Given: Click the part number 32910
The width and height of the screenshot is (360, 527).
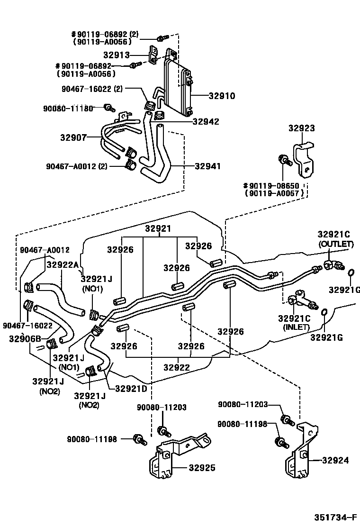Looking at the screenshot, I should [x=222, y=96].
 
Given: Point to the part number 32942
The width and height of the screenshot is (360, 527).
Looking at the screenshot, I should [x=206, y=122].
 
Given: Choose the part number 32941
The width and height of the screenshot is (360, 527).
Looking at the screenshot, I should [x=208, y=166].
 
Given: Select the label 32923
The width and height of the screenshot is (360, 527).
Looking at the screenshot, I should [x=302, y=128].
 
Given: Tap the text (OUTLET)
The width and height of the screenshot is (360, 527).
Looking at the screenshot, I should [x=335, y=244].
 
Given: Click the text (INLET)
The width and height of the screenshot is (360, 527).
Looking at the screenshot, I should [x=296, y=327].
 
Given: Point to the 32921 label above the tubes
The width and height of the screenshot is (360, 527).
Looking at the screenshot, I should [x=158, y=228].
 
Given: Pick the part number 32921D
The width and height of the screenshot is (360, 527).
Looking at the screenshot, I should [x=131, y=389].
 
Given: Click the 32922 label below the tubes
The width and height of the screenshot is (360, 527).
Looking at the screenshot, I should [x=177, y=367].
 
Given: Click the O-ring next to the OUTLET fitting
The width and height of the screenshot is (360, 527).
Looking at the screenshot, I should [x=351, y=273].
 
